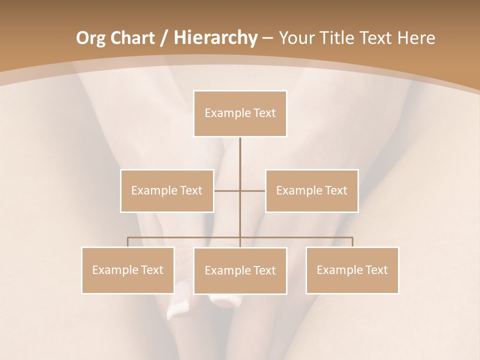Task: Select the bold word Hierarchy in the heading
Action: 215,38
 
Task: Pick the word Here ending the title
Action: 416,38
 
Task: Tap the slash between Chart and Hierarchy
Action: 164,38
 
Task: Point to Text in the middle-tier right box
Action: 336,190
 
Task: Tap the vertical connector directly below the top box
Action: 240,155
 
